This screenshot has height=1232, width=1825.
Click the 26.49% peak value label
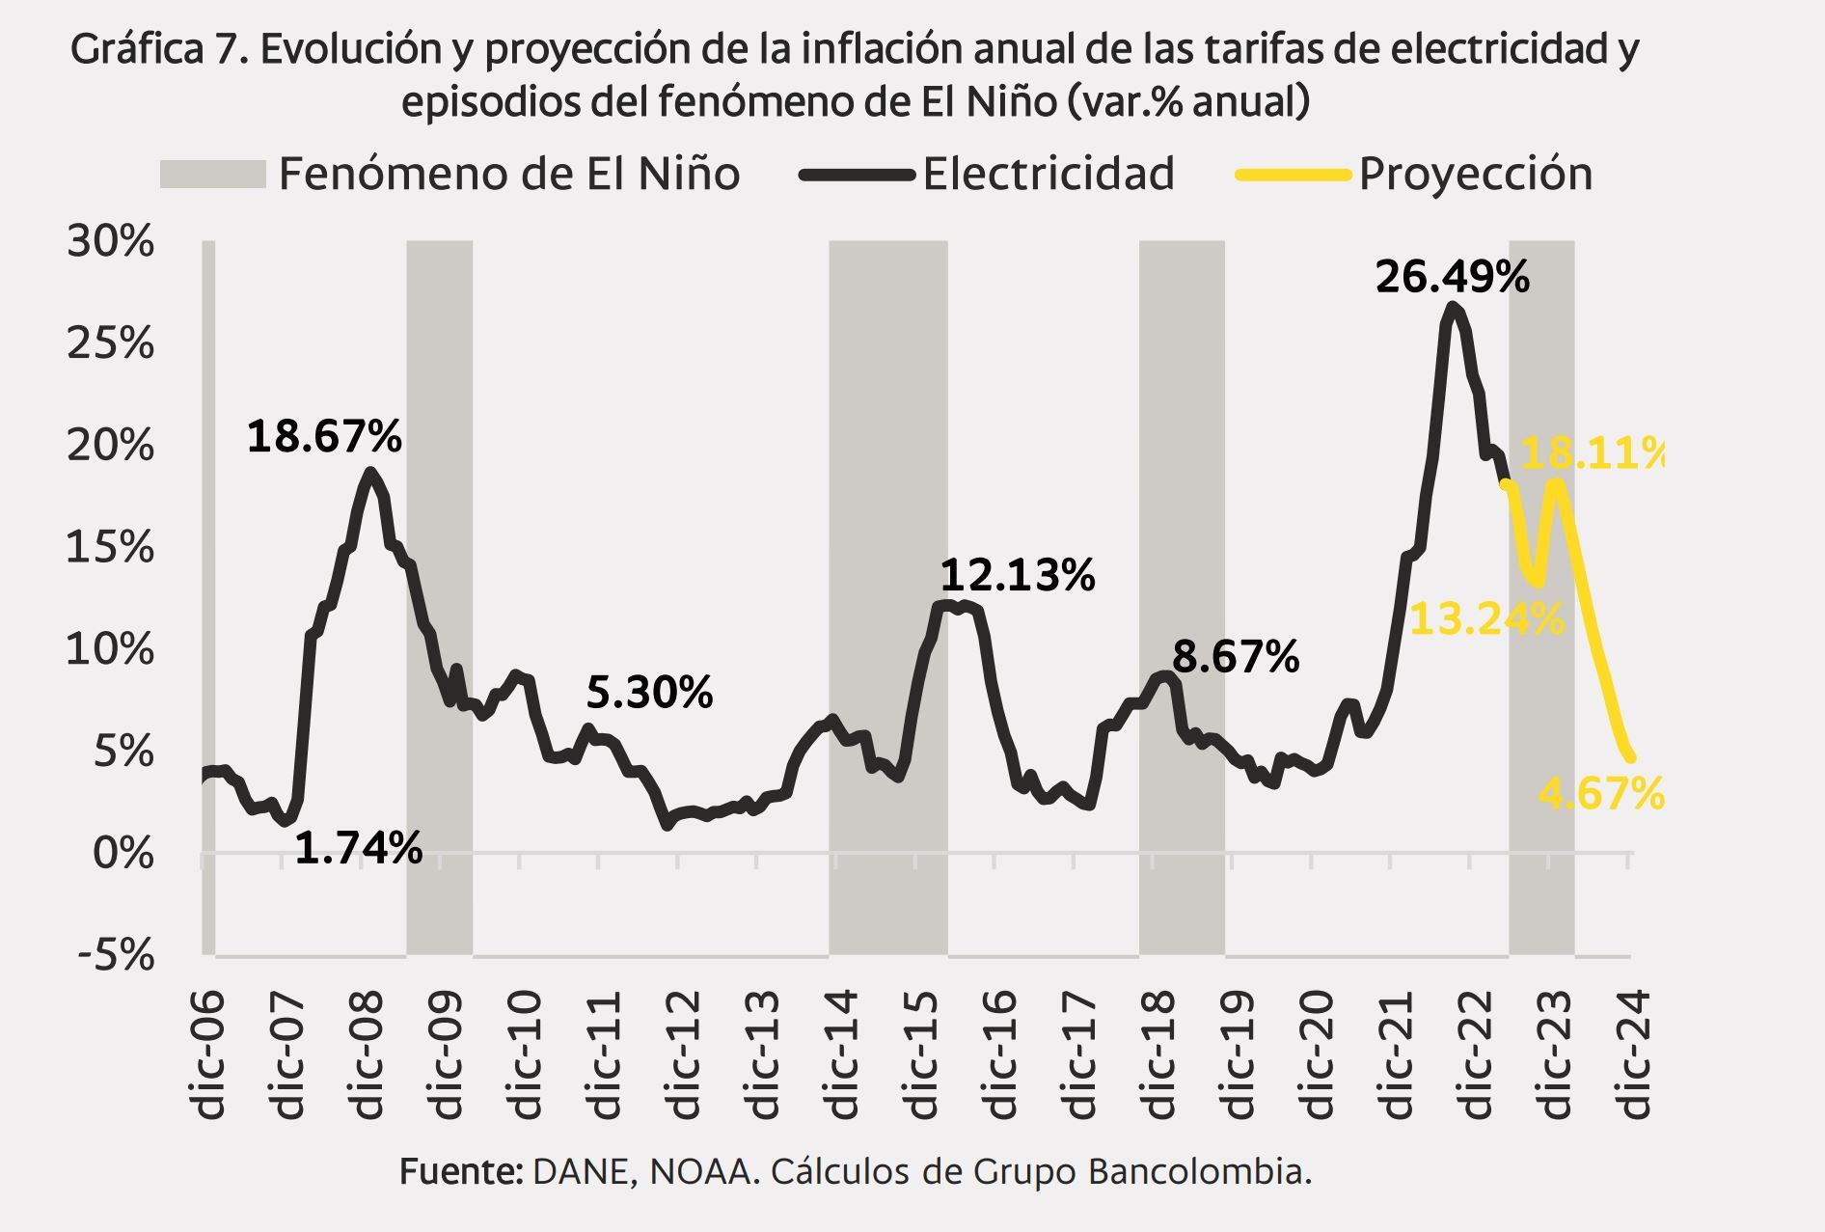coord(1452,278)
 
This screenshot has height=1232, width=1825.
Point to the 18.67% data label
coord(324,437)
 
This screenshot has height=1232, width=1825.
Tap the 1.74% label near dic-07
coord(358,849)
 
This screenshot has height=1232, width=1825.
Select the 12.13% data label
coord(1017,576)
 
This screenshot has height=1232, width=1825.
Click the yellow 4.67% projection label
coord(1600,794)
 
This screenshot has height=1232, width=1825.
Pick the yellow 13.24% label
coord(1485,619)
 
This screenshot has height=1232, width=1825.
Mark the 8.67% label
coord(1235,658)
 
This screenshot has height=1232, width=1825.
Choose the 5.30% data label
coord(649,693)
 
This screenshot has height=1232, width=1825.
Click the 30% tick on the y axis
coord(110,241)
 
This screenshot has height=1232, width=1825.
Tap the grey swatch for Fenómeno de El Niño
coord(212,175)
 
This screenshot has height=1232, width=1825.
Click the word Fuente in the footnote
coord(459,1172)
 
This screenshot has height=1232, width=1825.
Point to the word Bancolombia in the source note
coord(1199,1172)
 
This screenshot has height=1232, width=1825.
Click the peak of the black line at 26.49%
coord(1454,307)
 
